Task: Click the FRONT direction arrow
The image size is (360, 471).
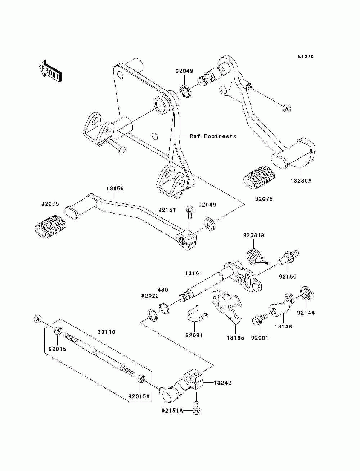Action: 50,71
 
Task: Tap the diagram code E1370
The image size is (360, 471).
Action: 306,57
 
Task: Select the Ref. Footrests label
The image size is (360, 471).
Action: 213,136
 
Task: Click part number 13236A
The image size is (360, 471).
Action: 301,180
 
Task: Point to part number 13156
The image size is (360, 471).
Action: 115,188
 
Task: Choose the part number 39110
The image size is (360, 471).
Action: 107,332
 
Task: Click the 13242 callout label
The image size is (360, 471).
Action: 222,382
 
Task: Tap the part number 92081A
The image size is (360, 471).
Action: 254,235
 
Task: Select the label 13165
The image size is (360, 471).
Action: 235,338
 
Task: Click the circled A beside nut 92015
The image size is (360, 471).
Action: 37,319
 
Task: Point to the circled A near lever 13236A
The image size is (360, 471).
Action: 287,109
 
